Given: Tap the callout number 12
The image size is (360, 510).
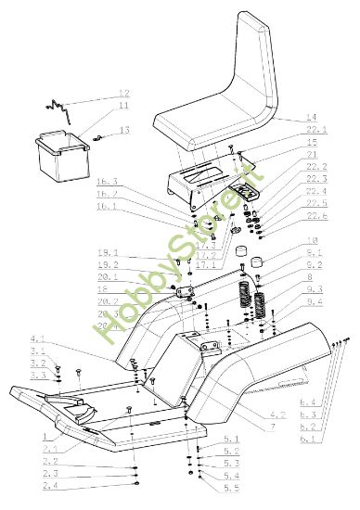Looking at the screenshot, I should coord(123,94).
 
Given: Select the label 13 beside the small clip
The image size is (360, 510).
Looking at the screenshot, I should coord(123,130).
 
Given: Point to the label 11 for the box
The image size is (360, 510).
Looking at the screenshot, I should coord(123,107).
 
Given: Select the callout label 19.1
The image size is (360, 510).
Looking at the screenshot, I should coord(107,252).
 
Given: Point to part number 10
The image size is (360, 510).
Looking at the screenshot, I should coord(313,241).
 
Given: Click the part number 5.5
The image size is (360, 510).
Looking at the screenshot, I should coord(231,487).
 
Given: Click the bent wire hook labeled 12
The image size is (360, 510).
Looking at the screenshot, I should coord(61,106).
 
